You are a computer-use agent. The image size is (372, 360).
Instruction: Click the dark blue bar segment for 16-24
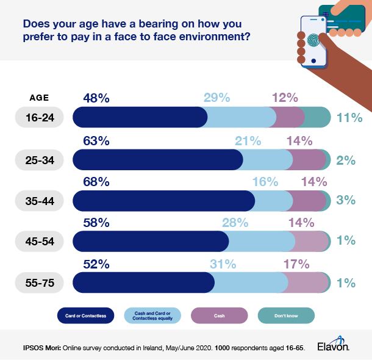(x=140, y=117)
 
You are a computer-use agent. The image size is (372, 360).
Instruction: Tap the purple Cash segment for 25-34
(x=309, y=159)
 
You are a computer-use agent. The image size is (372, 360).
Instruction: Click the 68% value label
(x=96, y=181)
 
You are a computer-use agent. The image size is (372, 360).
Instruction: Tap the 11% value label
(x=349, y=117)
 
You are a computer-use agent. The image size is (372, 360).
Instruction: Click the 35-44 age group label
(x=40, y=200)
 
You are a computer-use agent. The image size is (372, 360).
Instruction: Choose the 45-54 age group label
(x=40, y=241)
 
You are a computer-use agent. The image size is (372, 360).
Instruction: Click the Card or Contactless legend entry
(x=85, y=315)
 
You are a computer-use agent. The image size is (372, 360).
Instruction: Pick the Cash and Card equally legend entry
(x=154, y=315)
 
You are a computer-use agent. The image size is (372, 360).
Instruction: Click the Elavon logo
(x=333, y=346)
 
